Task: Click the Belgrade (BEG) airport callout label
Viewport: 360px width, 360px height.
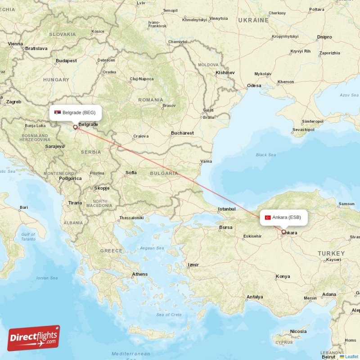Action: coord(76,112)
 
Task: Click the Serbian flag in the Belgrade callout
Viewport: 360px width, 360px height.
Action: coord(58,112)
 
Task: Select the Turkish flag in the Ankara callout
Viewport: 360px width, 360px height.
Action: coord(268,217)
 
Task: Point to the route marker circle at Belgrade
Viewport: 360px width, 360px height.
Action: coord(75,127)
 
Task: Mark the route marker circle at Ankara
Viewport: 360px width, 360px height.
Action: coord(283,232)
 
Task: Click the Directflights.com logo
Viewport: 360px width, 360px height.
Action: coord(34,337)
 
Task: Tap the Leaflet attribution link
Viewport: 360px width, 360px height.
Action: coord(351,356)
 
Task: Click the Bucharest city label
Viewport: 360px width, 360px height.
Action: coord(182,133)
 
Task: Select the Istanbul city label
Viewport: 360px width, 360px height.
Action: coord(227,209)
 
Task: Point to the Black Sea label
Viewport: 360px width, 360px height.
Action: coord(265,155)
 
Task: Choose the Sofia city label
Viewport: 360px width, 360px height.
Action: coord(131,172)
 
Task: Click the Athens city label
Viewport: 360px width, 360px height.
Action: coord(139,274)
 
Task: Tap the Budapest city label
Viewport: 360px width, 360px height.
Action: coord(66,61)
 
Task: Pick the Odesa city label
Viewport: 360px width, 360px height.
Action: coord(254,85)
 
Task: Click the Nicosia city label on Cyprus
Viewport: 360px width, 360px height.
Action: coord(298,331)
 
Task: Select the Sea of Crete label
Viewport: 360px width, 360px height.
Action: coord(169,315)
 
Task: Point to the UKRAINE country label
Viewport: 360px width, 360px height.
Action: coord(253,20)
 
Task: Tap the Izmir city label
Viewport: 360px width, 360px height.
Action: coord(193,265)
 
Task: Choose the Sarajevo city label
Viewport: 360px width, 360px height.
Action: coord(54,146)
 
